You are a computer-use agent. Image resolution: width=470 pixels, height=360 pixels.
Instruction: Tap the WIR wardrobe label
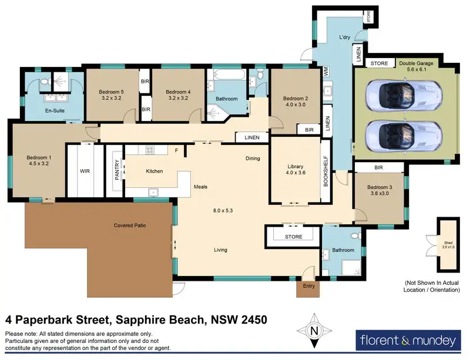point(85,171)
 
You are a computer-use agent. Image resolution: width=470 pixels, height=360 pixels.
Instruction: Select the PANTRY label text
point(117,170)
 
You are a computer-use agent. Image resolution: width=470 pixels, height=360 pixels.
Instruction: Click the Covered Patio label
point(130,226)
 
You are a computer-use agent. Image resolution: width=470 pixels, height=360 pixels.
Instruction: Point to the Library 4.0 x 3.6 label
point(296,169)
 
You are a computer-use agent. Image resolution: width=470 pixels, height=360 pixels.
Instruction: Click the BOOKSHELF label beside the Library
point(326,171)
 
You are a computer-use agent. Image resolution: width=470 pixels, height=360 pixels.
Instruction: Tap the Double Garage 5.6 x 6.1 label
point(416,66)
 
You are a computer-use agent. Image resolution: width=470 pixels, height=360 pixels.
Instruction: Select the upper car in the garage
point(404,96)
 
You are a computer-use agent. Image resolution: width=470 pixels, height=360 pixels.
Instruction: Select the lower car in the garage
point(404,136)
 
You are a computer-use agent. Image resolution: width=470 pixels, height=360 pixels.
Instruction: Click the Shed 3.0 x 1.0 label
point(448,245)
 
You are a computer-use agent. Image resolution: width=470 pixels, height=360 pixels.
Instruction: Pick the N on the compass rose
point(314,331)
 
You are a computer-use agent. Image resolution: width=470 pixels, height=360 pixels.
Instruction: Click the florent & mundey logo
point(408,341)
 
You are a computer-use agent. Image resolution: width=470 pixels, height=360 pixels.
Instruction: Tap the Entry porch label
point(309,286)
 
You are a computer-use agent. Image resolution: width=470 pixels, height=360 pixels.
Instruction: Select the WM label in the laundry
point(327,71)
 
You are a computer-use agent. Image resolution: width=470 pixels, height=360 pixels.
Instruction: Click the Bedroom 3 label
point(380,190)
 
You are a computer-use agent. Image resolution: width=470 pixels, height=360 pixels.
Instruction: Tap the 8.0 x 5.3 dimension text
point(223,210)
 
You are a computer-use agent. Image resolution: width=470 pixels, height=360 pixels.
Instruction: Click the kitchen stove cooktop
point(150,150)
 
